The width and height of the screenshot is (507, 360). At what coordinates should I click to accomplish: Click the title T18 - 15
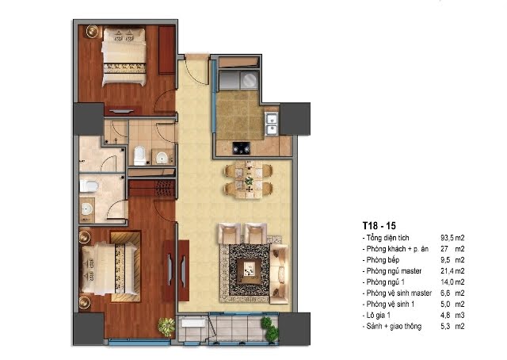(379, 226)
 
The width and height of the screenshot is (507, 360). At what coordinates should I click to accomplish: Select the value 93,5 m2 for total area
(452, 238)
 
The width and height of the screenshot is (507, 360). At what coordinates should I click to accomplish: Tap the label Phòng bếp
(383, 260)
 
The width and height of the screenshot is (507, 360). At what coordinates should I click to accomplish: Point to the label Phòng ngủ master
(394, 271)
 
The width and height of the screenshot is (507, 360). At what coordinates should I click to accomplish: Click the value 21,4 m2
(452, 271)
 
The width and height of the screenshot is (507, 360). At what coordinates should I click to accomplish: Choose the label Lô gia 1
(379, 315)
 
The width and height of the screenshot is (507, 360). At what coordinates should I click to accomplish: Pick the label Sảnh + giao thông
(394, 326)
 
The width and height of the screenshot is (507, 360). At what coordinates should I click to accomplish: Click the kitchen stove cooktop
(242, 147)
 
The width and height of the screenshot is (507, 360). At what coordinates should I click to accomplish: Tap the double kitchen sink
(271, 124)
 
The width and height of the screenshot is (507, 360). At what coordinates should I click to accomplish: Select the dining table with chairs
(249, 180)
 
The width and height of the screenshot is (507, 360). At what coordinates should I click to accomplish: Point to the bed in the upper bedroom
(124, 56)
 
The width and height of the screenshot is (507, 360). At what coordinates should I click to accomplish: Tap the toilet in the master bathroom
(89, 186)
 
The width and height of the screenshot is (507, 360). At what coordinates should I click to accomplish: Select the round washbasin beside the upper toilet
(162, 158)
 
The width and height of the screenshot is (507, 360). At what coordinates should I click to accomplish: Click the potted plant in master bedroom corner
(167, 327)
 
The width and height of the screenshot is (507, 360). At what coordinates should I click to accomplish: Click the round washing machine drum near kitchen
(249, 79)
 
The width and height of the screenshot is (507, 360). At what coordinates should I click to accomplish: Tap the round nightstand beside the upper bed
(92, 32)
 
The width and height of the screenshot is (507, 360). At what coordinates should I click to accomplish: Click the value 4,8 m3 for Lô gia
(452, 316)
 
